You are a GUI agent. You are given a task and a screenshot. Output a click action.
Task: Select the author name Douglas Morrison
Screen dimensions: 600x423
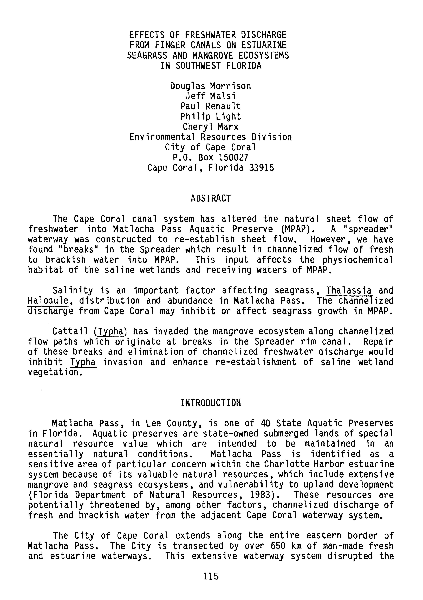(x=210, y=86)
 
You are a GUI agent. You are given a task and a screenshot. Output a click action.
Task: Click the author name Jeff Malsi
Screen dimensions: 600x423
(x=210, y=96)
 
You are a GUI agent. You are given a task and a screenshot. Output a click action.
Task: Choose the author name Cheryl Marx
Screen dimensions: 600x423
(x=210, y=127)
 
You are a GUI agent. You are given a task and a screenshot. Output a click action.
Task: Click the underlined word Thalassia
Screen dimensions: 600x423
(x=349, y=291)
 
